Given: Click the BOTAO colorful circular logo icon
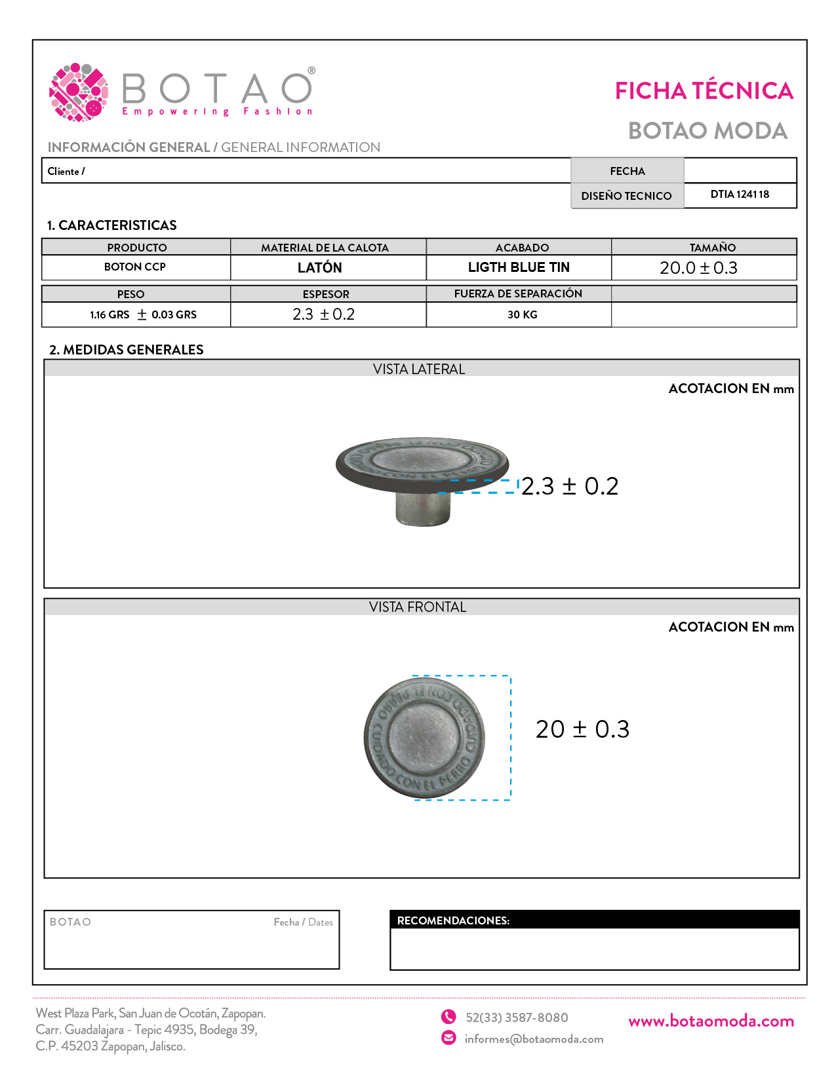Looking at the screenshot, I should click(x=79, y=92).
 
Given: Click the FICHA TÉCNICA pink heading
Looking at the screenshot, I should click(x=704, y=91).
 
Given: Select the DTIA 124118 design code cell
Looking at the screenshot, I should click(x=740, y=195).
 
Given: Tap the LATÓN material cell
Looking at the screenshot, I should click(x=319, y=267).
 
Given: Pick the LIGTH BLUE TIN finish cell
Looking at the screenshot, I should click(x=519, y=267).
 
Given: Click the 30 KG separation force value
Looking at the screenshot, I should click(x=522, y=314).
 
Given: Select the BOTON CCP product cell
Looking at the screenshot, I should click(x=135, y=267).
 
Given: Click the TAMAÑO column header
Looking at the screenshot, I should click(x=712, y=248).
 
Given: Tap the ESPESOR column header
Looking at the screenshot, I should click(x=326, y=294).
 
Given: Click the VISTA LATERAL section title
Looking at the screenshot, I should click(x=419, y=370).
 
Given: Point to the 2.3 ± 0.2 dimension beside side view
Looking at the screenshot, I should click(x=570, y=486).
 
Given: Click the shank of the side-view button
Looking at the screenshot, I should click(x=423, y=508).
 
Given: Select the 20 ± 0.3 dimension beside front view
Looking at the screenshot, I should click(x=582, y=729).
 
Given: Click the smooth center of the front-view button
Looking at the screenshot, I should click(x=425, y=738).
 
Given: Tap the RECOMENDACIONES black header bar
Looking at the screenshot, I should click(x=594, y=920).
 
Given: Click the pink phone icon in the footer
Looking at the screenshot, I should click(x=448, y=1017).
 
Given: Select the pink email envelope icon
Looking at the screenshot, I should click(x=448, y=1038).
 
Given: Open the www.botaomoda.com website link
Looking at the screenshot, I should click(x=711, y=1021).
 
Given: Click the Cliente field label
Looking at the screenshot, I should click(x=66, y=171).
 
